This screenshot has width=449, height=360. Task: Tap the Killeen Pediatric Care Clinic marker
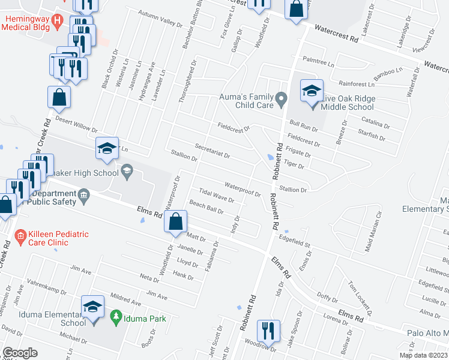pyautogui.click(x=21, y=236)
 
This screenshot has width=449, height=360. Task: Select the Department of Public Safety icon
pyautogui.click(x=83, y=194)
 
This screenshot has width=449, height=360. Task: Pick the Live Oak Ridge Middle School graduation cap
pyautogui.click(x=312, y=92)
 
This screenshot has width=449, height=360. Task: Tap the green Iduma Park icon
pyautogui.click(x=116, y=316)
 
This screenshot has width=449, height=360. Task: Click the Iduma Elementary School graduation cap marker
pyautogui.click(x=93, y=307)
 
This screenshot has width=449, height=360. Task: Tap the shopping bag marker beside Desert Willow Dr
pyautogui.click(x=59, y=97)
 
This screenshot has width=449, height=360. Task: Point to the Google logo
pyautogui.click(x=20, y=353)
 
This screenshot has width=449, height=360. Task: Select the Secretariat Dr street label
pyautogui.click(x=212, y=151)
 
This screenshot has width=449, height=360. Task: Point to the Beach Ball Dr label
pyautogui.click(x=206, y=208)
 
